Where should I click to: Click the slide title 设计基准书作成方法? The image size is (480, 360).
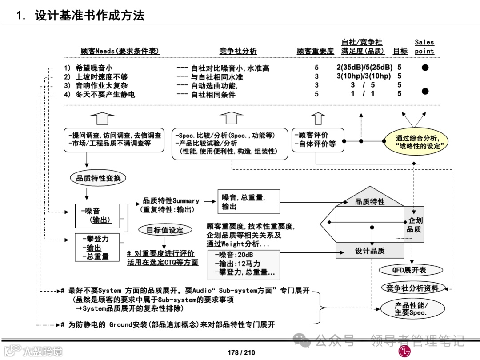tap(89, 16)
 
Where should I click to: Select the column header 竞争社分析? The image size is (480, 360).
tap(238, 51)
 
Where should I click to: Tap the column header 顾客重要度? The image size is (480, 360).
tap(315, 51)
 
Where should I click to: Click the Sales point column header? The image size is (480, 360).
tap(424, 47)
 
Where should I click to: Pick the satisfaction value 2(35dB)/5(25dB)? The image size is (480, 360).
tap(364, 68)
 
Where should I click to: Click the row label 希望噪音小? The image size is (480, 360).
tap(94, 68)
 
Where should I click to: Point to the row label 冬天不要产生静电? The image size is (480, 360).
tap(105, 94)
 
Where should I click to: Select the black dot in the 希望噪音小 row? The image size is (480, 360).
tap(425, 68)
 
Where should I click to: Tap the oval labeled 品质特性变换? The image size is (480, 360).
tap(98, 178)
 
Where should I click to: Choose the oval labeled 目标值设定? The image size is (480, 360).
tap(165, 230)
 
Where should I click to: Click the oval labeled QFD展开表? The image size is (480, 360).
tap(409, 270)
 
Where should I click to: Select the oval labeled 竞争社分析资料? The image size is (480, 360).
tap(413, 288)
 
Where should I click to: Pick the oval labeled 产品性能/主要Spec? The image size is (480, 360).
tap(411, 308)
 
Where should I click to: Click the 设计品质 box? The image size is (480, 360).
tap(370, 251)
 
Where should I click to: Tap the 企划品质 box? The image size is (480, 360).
tap(414, 225)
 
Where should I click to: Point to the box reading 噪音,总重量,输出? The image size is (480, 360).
tap(248, 202)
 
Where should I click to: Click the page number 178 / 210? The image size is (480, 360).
tap(241, 352)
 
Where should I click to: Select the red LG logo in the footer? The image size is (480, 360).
tap(405, 352)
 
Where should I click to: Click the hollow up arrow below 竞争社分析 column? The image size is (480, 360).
tap(231, 118)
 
